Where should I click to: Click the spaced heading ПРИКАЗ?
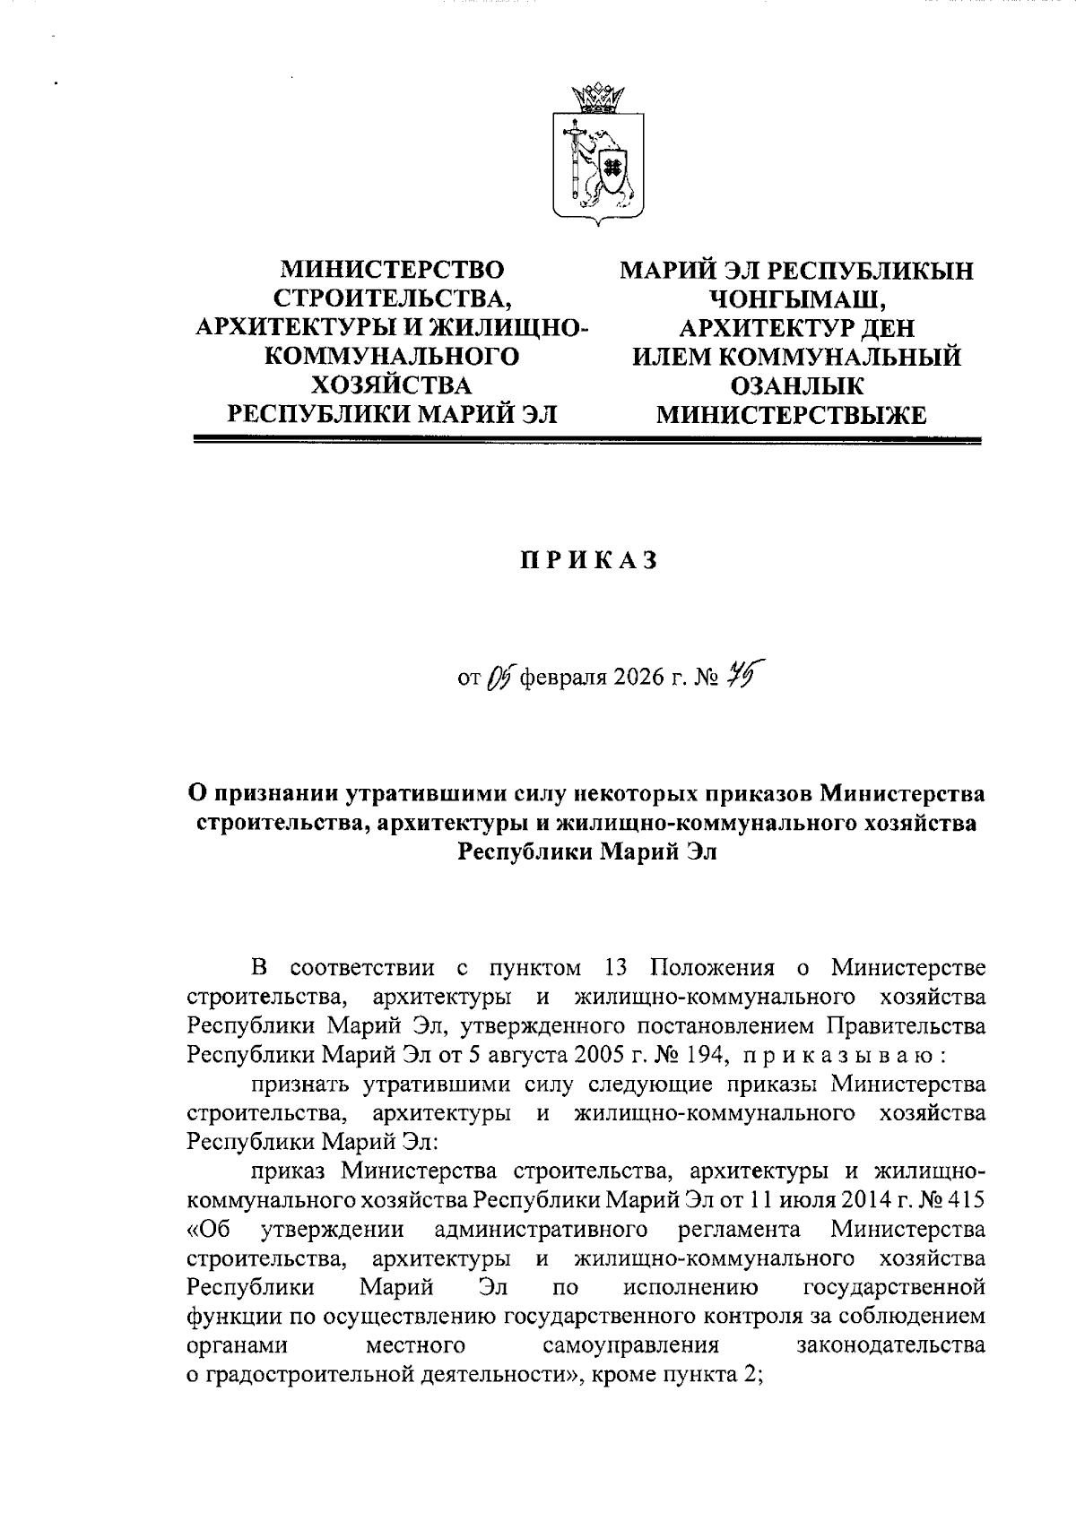(x=590, y=560)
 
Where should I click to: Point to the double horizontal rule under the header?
(x=589, y=440)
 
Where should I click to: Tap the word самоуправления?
(x=631, y=1345)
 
